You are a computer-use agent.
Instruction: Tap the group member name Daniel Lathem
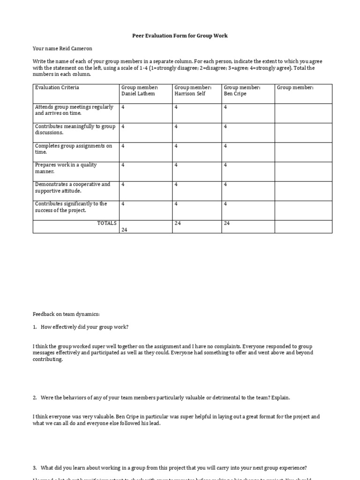(138, 94)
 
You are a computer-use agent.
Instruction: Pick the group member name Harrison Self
(190, 94)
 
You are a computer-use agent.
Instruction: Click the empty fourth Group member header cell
(303, 93)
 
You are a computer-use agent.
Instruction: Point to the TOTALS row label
(107, 223)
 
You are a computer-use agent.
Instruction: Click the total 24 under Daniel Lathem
(124, 230)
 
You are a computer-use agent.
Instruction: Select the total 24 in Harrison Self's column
(178, 224)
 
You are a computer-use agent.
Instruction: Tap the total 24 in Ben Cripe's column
(227, 224)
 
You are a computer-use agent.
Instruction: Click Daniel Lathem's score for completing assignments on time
(123, 146)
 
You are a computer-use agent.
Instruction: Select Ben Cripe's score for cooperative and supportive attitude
(225, 185)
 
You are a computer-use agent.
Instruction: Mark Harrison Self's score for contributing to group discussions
(176, 127)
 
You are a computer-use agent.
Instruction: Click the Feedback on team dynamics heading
(66, 314)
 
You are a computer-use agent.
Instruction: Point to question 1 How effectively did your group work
(84, 327)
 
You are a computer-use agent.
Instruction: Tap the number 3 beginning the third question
(35, 468)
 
